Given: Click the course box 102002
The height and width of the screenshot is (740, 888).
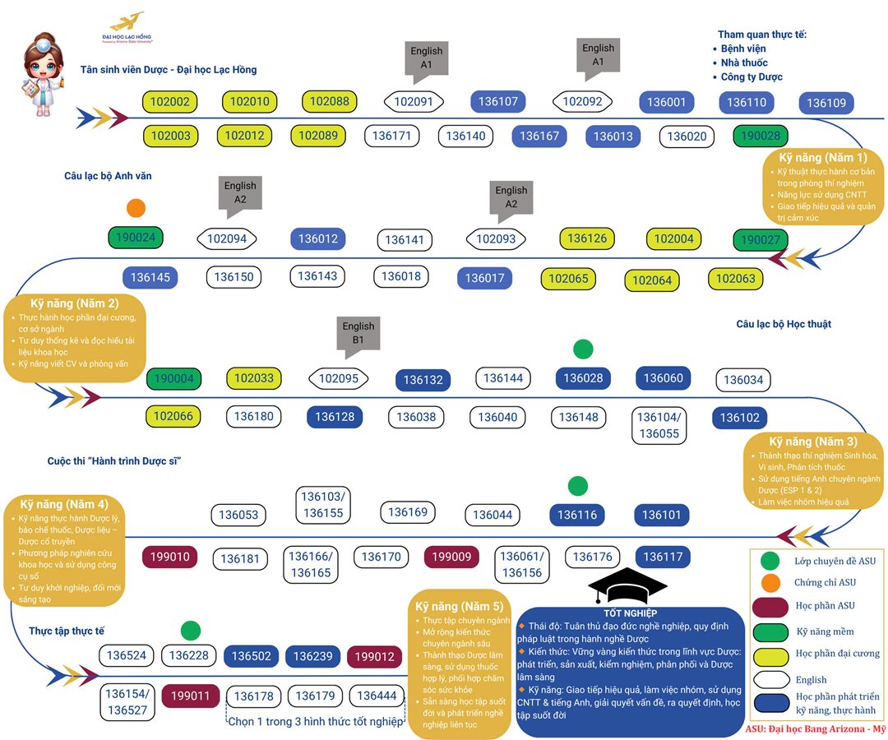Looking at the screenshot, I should (x=171, y=102).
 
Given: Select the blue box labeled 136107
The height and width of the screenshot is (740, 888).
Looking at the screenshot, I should (x=498, y=102).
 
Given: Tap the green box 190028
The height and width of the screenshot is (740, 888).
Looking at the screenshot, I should (x=761, y=136).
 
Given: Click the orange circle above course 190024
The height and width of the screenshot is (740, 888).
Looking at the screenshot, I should (x=136, y=208).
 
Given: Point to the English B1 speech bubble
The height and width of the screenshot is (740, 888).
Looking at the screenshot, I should (x=358, y=333).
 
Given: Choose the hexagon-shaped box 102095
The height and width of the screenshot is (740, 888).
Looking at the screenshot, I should (x=339, y=379).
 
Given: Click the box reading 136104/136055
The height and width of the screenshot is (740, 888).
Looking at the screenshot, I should (x=659, y=425).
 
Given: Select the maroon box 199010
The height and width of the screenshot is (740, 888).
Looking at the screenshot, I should (x=170, y=557).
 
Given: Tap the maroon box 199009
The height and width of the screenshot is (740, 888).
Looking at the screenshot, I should (x=451, y=557).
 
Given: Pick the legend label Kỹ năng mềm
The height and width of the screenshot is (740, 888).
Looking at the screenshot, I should (x=825, y=631).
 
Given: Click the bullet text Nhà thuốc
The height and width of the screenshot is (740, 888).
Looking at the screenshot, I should (x=743, y=62).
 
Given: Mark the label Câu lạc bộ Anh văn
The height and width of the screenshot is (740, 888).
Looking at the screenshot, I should (x=108, y=176).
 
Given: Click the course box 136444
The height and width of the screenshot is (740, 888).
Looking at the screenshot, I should (x=377, y=696).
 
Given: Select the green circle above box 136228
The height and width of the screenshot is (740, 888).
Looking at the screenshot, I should (x=190, y=631).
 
